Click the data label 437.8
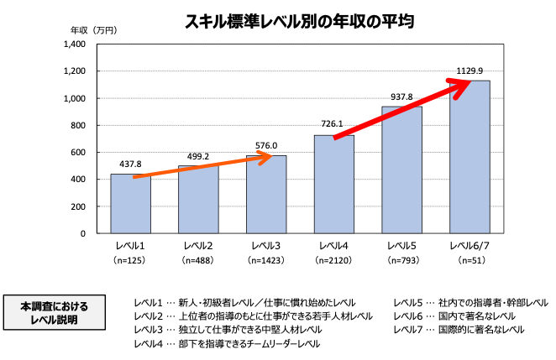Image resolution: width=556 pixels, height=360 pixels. (130, 165)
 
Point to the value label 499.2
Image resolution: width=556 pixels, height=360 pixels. (198, 156)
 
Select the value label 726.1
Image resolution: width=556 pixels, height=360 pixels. (333, 124)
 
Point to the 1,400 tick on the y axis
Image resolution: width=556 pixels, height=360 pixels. (75, 44)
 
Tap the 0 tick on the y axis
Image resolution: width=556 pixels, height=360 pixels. (83, 233)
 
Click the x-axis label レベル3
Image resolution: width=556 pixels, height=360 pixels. (266, 246)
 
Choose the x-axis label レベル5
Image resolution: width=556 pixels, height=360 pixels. (401, 246)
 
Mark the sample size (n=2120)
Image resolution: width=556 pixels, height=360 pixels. (334, 261)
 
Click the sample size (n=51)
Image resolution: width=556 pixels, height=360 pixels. (469, 261)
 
